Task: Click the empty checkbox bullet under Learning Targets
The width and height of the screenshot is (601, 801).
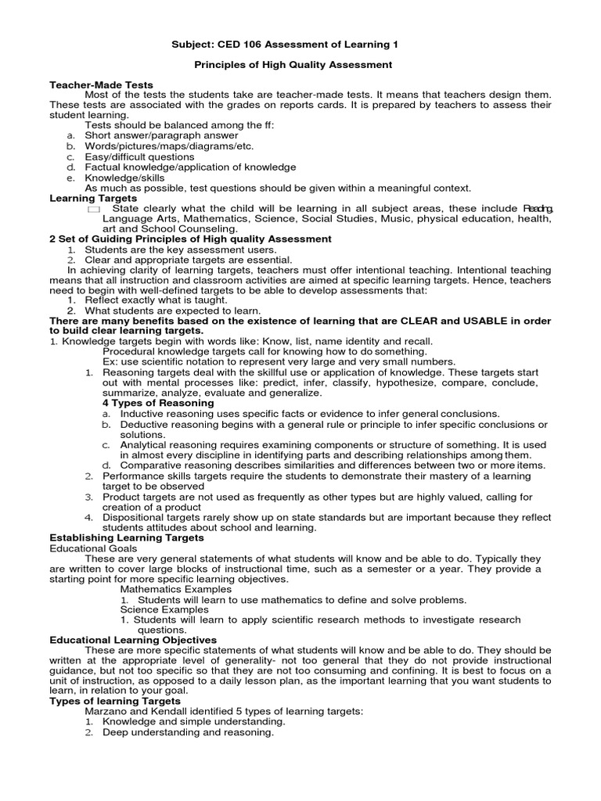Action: (x=93, y=210)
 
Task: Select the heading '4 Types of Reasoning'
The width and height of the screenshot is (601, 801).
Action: (x=158, y=403)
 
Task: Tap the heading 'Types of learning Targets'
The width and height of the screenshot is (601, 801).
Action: (x=114, y=702)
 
